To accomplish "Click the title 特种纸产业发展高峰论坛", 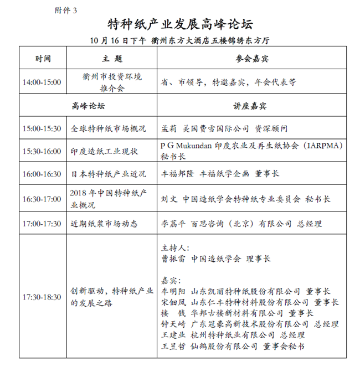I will coord(180,24).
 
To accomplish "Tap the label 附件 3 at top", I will coord(66,10).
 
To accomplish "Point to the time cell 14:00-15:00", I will coord(42,82).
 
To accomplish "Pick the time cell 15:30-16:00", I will coord(42,151).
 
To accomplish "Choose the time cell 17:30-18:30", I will coord(42,297).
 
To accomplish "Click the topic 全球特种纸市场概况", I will coord(109,128).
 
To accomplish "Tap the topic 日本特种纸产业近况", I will coord(109,174).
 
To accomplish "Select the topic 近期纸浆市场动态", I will coord(104,224).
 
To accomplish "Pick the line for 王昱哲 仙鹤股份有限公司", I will coord(233,346).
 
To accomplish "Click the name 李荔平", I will coord(172,224).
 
